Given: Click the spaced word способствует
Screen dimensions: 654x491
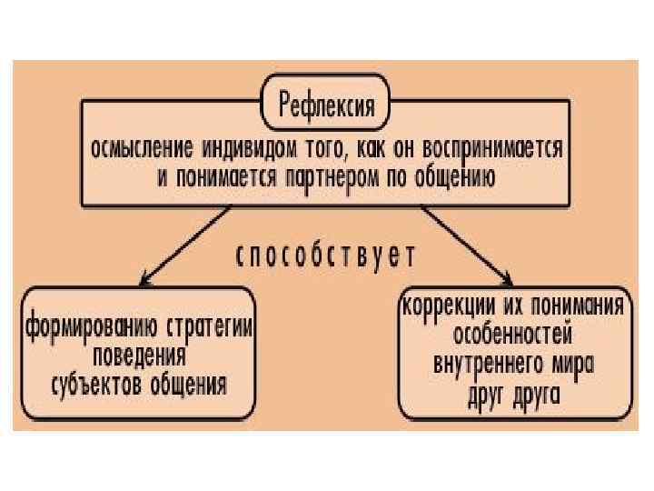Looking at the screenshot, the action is (x=326, y=256).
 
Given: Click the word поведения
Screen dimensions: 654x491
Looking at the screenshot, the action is (x=138, y=354).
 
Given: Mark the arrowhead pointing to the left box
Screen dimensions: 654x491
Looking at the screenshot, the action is (x=148, y=281).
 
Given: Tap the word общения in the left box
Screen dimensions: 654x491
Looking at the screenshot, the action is (x=185, y=383).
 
